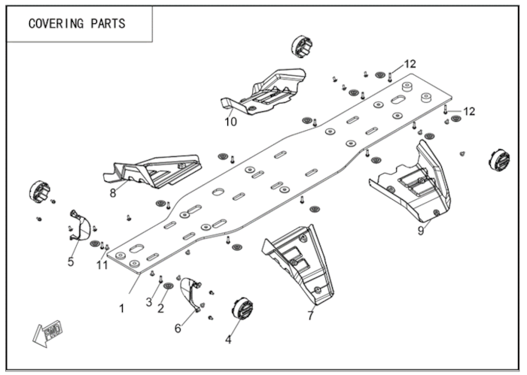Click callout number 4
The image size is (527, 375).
[x=229, y=340]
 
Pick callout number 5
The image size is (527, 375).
[x=70, y=262]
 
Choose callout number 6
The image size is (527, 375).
[x=178, y=328]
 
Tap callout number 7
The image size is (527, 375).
[x=310, y=316]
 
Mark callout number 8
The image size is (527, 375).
[x=112, y=192]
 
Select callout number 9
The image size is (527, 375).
[x=421, y=231]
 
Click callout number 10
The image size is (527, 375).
[x=231, y=120]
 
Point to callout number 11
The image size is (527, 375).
[x=102, y=264]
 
